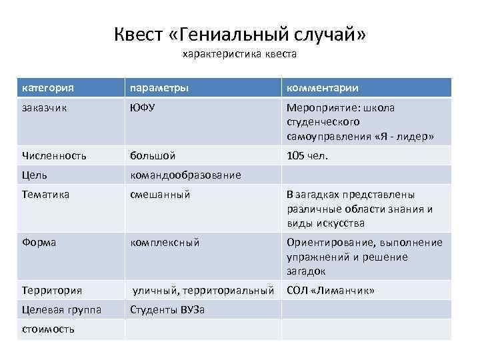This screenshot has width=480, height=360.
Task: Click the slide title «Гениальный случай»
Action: click(240, 33)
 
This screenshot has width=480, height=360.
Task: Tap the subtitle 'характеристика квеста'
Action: click(239, 55)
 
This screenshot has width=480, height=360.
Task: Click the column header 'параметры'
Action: click(159, 88)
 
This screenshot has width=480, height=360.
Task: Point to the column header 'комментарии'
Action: click(323, 88)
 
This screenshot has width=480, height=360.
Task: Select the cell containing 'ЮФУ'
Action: click(143, 108)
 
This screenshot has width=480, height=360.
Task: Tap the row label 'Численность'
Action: click(54, 156)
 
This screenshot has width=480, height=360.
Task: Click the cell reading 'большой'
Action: click(153, 156)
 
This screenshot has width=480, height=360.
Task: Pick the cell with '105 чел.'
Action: click(307, 156)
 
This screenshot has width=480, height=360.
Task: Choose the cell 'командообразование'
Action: click(185, 175)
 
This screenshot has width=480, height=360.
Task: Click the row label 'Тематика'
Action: click(45, 195)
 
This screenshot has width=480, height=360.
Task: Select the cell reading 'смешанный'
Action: click(160, 195)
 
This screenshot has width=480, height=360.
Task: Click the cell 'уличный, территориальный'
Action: click(203, 291)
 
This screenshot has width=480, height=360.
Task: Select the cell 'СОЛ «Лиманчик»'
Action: click(330, 291)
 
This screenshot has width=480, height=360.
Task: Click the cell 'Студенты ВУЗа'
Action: click(167, 310)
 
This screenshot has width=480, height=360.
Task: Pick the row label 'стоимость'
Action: click(48, 329)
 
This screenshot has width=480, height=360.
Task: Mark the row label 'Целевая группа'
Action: click(61, 310)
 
